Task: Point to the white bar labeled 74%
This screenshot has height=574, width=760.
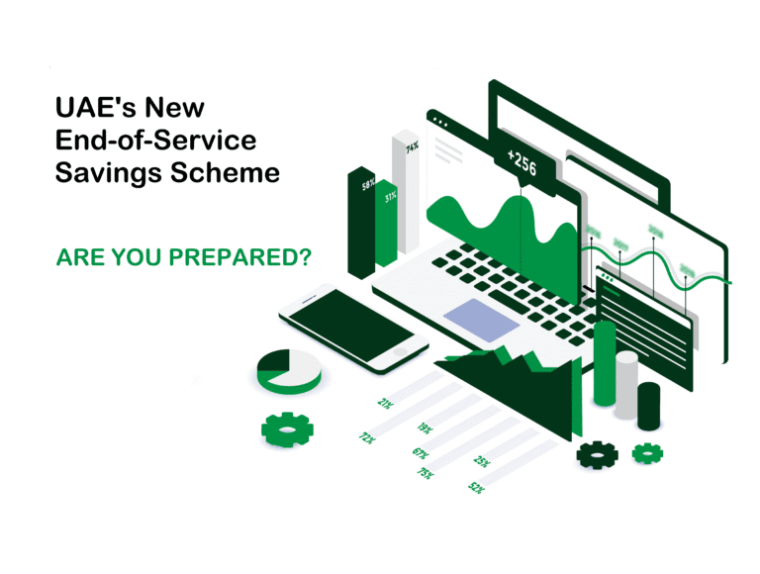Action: coord(407,193)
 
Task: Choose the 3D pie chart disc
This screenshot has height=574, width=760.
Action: coord(288,371)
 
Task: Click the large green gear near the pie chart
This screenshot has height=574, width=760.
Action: coord(287,429)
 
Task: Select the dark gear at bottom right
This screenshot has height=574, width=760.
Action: coord(598,454)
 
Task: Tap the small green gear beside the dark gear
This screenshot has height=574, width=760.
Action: coord(647,453)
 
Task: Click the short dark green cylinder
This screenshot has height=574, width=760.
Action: coord(649,406)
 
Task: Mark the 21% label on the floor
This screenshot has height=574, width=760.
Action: coord(385,403)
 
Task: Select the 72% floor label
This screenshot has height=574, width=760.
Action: coord(366,436)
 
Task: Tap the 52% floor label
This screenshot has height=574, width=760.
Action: coord(476,487)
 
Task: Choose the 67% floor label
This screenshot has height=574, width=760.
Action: coord(420,452)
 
